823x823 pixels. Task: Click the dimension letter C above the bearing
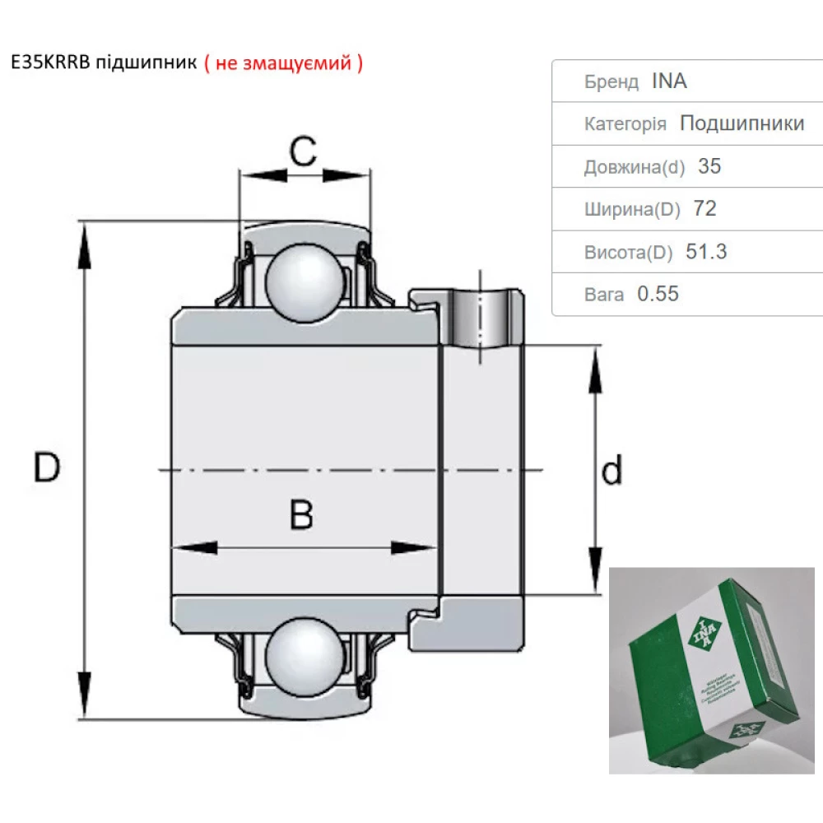[x=303, y=151]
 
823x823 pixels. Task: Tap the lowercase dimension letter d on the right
[x=611, y=471]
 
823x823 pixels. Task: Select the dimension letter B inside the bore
[x=302, y=515]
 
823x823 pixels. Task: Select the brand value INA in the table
[x=669, y=81]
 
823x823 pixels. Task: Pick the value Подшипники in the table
[x=742, y=123]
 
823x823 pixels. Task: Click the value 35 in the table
[x=709, y=166]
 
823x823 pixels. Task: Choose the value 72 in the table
[x=704, y=209]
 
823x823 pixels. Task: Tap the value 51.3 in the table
[x=706, y=252]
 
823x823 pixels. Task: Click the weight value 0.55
[x=658, y=294]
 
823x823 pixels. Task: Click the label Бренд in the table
[x=611, y=82]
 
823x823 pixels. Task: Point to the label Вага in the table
[x=604, y=295]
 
